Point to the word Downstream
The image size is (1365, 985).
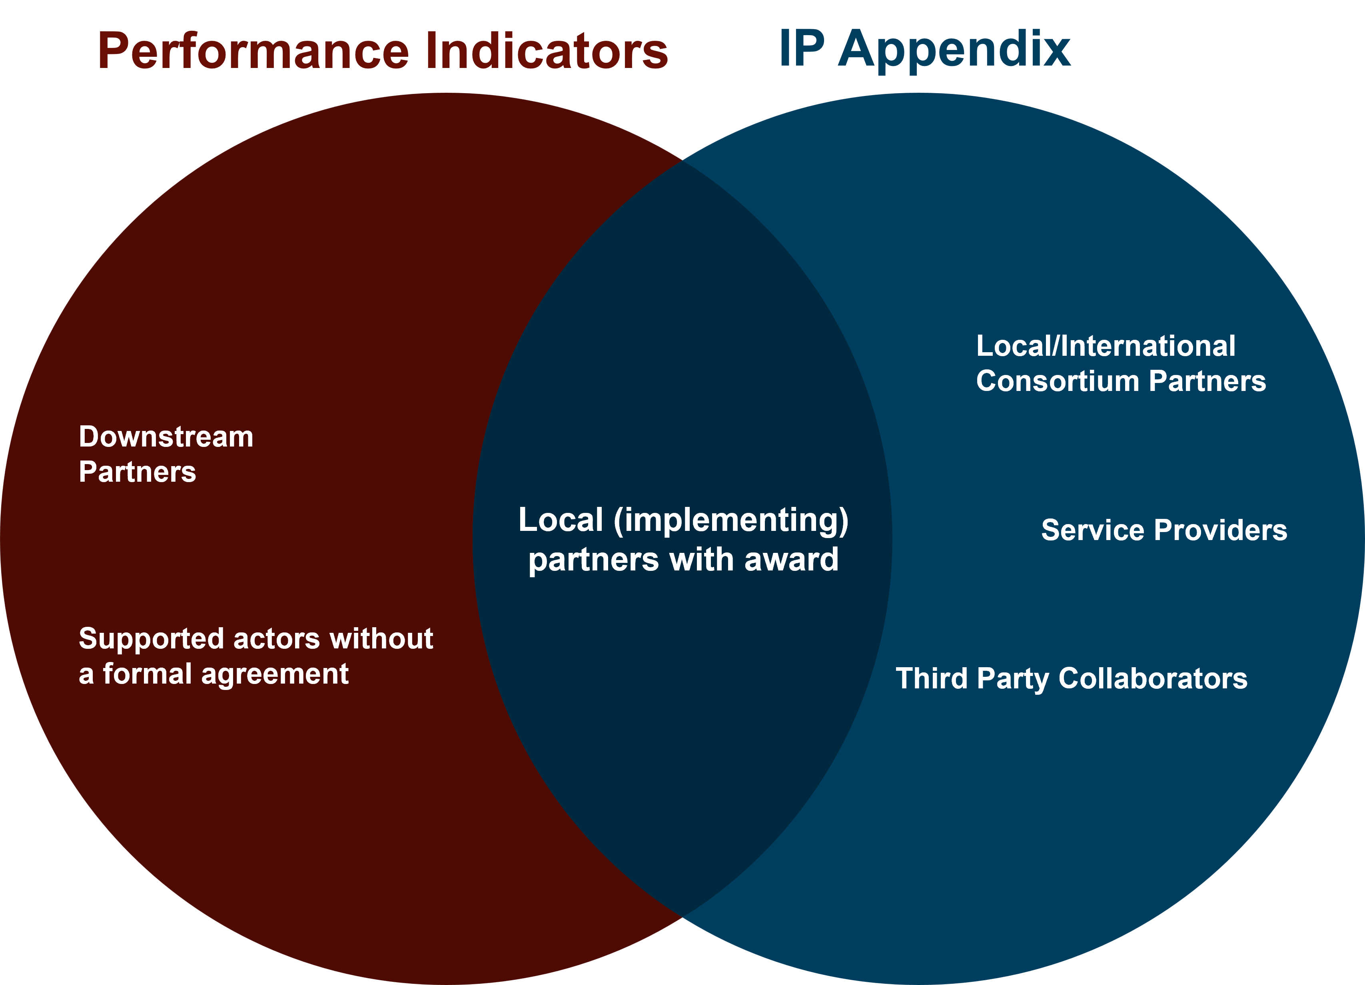click(x=166, y=437)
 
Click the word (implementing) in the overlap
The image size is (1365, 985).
click(x=731, y=520)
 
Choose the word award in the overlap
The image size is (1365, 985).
click(x=791, y=560)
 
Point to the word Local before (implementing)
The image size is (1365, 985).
click(x=560, y=520)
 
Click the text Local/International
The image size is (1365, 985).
click(x=1106, y=346)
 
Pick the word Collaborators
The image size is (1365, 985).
click(x=1153, y=678)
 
